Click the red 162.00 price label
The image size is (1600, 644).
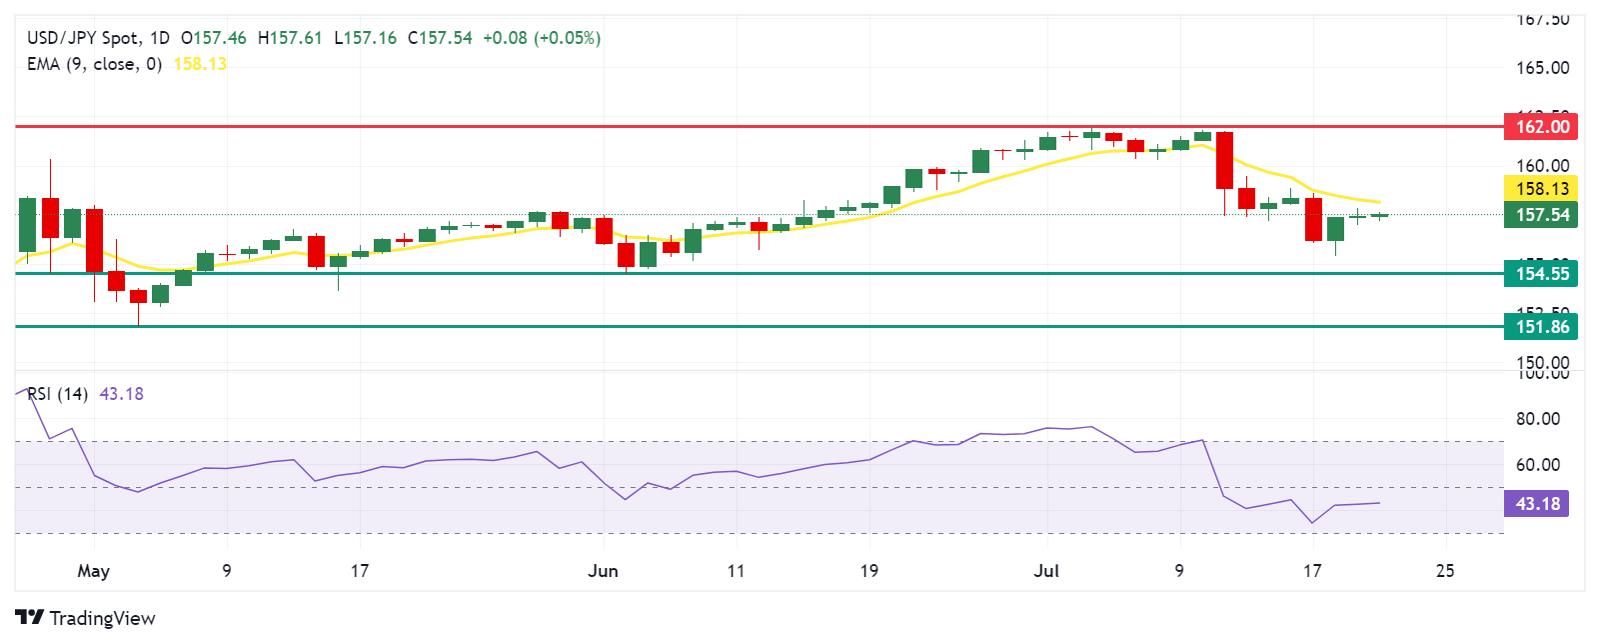[1541, 126]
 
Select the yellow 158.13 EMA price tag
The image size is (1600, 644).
[1541, 188]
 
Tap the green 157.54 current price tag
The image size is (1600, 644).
[1541, 215]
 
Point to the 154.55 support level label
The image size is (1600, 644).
[1541, 273]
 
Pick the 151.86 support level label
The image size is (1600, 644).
[1541, 326]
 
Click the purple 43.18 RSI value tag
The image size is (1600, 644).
[1536, 503]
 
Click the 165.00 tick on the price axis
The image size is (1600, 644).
[1542, 68]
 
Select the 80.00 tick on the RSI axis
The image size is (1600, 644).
[1537, 419]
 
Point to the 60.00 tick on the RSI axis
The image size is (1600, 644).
[1537, 464]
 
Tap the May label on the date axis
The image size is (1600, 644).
[93, 571]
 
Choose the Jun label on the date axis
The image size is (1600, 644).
[603, 571]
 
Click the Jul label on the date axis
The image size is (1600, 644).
[1046, 571]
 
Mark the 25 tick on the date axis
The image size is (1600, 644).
[1444, 571]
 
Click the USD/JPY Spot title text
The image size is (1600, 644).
[83, 38]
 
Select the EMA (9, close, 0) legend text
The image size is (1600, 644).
[94, 64]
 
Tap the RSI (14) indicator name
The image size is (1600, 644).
[57, 394]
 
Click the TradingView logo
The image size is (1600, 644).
[86, 618]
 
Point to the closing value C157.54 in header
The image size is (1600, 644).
[440, 38]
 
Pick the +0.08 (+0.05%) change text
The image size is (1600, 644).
[542, 38]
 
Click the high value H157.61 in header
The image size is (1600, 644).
[290, 38]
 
